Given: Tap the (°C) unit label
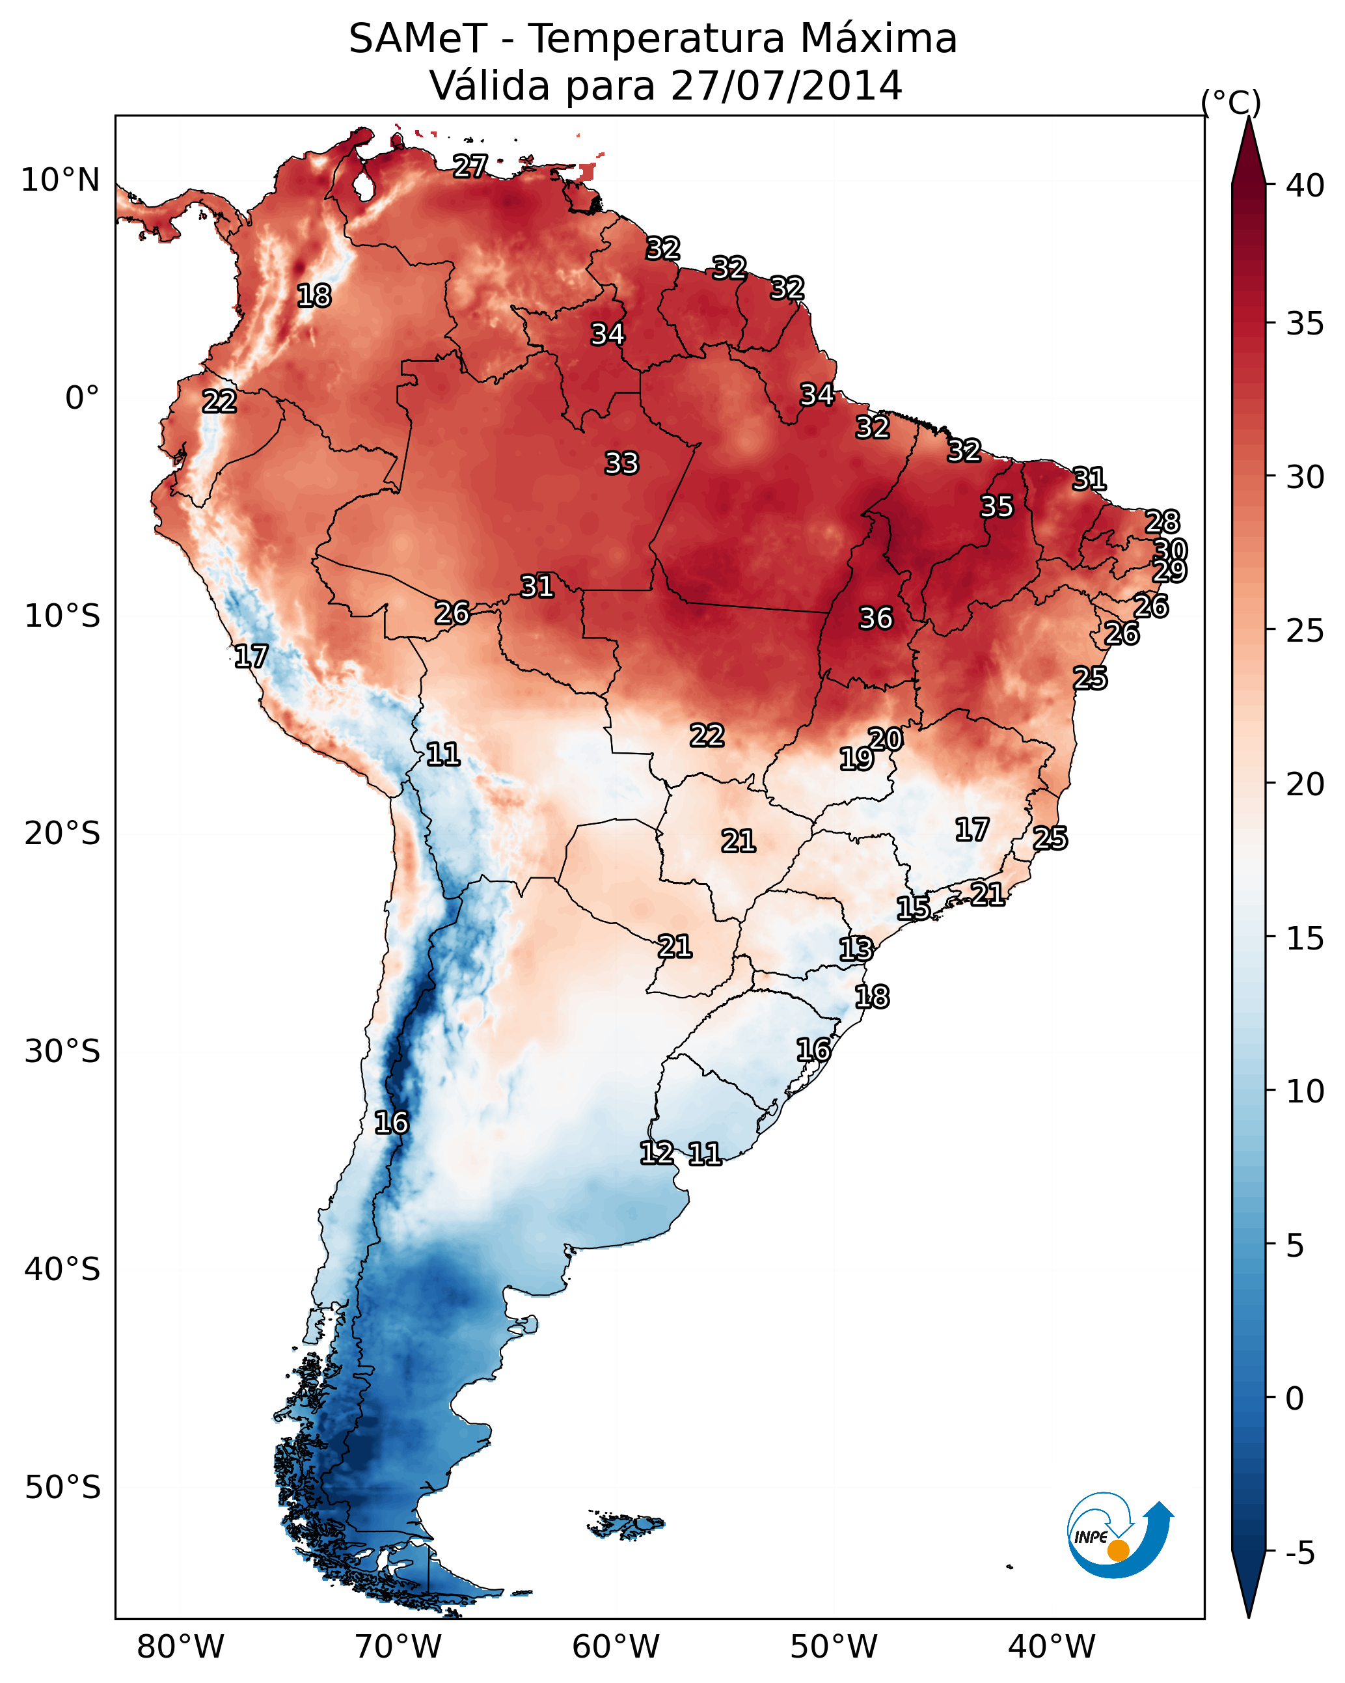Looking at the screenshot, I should pos(1231,102).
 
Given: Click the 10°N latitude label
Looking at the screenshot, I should pos(60,180).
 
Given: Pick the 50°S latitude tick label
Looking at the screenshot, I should pos(62,1488).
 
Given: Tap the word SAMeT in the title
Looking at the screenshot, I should pos(418,39).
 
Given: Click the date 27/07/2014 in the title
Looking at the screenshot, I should pos(786,86).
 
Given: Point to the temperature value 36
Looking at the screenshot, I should pos(875,618).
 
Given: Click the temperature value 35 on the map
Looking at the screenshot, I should pos(996,506).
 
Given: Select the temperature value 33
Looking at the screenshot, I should pos(621,463).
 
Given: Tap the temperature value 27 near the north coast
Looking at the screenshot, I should pos(470,166).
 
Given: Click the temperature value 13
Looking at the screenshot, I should pos(856,950).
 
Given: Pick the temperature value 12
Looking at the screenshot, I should pos(657,1153).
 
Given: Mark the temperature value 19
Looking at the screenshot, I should pos(856,759).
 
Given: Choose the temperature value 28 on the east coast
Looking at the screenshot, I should pos(1162,521).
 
